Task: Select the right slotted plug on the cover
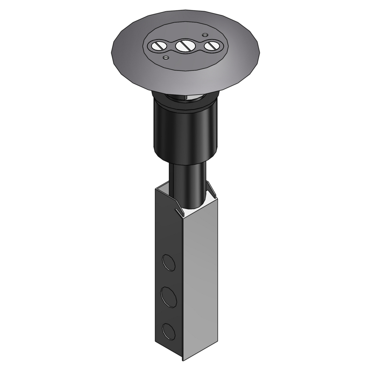coord(211,46)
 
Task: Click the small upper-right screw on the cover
coord(204,35)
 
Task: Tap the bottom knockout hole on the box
coord(169,331)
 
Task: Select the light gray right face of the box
coord(200,278)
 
